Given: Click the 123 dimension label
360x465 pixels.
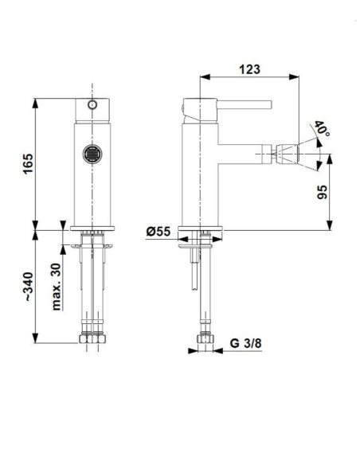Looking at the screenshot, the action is tap(249, 69).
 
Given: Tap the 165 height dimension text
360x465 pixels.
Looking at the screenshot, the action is tap(28, 164).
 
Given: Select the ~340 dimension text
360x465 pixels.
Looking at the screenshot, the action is tap(29, 287).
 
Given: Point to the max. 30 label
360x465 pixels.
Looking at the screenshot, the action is tap(57, 287).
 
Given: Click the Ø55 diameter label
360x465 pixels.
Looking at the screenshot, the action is tap(158, 232).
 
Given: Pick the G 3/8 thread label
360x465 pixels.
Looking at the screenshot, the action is tap(246, 343).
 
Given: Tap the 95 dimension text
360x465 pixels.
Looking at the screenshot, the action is tap(322, 192).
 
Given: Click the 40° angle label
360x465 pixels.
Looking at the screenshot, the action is tap(322, 128).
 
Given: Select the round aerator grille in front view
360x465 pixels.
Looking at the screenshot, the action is tap(92, 154).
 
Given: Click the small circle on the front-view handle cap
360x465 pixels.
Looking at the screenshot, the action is tap(92, 104).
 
